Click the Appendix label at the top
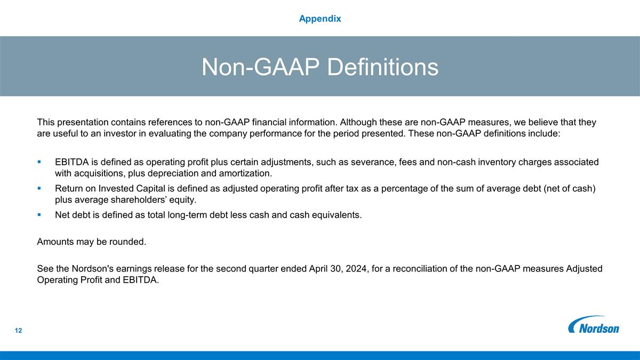pyautogui.click(x=320, y=19)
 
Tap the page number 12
pyautogui.click(x=19, y=331)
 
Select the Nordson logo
pyautogui.click(x=594, y=325)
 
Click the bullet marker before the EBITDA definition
pyautogui.click(x=40, y=162)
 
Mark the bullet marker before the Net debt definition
pyautogui.click(x=40, y=215)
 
